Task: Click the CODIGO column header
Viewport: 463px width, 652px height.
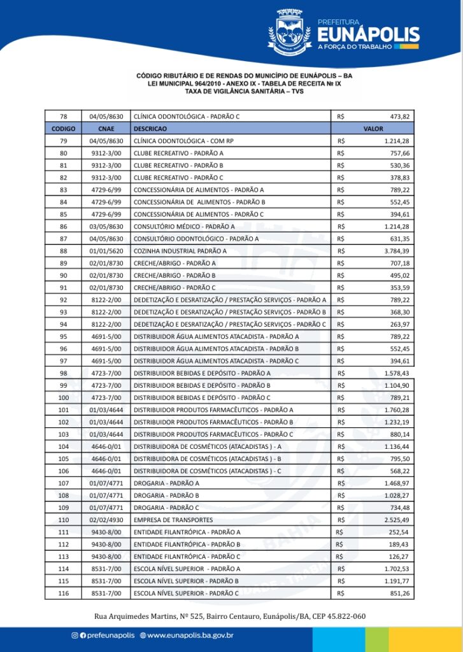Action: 63,129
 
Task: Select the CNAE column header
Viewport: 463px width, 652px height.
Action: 106,129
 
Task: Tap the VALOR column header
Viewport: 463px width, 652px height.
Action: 373,129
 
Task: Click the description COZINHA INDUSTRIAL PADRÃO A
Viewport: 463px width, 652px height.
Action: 180,251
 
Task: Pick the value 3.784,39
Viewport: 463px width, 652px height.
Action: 397,251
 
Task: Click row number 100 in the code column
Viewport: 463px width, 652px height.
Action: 63,398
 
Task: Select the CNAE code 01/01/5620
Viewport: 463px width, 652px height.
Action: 106,251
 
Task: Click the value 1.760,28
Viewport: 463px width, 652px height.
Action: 397,410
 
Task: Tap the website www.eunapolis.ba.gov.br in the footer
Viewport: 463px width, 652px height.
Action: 190,635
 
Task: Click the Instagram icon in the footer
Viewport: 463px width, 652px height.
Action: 75,635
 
